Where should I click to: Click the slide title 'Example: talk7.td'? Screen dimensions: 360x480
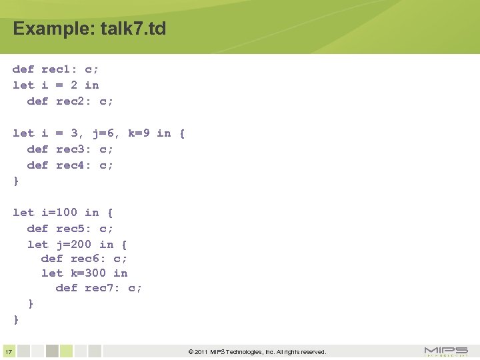click(x=89, y=29)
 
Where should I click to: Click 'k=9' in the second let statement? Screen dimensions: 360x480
click(x=139, y=133)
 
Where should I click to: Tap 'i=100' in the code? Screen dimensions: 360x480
click(x=59, y=213)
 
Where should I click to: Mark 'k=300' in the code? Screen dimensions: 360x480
click(x=88, y=273)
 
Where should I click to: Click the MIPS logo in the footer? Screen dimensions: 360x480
click(x=446, y=351)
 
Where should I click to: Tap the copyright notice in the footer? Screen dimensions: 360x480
click(x=257, y=352)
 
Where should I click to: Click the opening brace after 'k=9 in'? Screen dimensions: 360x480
click(x=182, y=133)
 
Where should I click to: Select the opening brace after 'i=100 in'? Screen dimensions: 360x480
click(x=110, y=213)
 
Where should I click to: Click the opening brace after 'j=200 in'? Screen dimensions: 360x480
click(x=124, y=244)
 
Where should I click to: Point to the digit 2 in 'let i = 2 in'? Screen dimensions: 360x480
click(x=73, y=85)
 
